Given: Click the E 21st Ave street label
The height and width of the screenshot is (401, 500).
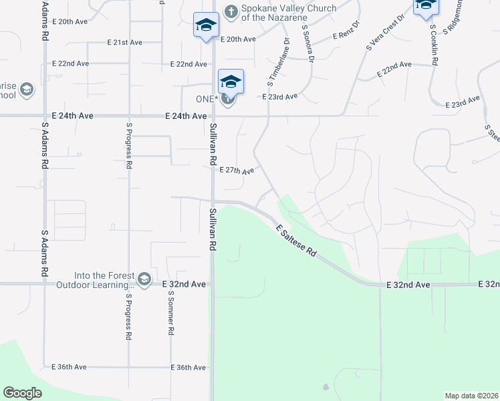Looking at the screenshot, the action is click(125, 42).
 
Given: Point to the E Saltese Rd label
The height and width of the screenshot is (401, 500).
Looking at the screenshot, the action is click(296, 241).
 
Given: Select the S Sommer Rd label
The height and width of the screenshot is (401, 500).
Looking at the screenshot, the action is click(171, 312).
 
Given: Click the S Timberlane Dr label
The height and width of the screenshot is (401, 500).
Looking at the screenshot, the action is click(279, 62).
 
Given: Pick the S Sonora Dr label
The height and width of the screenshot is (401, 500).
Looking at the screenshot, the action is click(307, 43).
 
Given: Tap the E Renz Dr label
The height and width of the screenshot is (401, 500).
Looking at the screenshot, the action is click(346, 33).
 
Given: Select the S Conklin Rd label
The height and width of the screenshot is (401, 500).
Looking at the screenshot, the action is click(434, 45).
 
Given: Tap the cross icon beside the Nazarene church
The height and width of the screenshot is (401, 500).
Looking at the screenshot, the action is click(231, 11).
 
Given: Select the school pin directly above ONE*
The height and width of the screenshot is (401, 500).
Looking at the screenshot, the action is click(231, 82).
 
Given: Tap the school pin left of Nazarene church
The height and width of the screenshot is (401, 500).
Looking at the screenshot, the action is click(206, 25).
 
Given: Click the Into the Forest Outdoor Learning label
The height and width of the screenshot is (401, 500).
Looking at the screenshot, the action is click(104, 281).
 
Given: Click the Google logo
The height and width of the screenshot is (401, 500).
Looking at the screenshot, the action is click(23, 393).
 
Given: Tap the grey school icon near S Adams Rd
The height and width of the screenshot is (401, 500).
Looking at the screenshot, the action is click(27, 90).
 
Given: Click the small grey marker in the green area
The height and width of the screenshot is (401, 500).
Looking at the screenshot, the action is click(326, 387).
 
